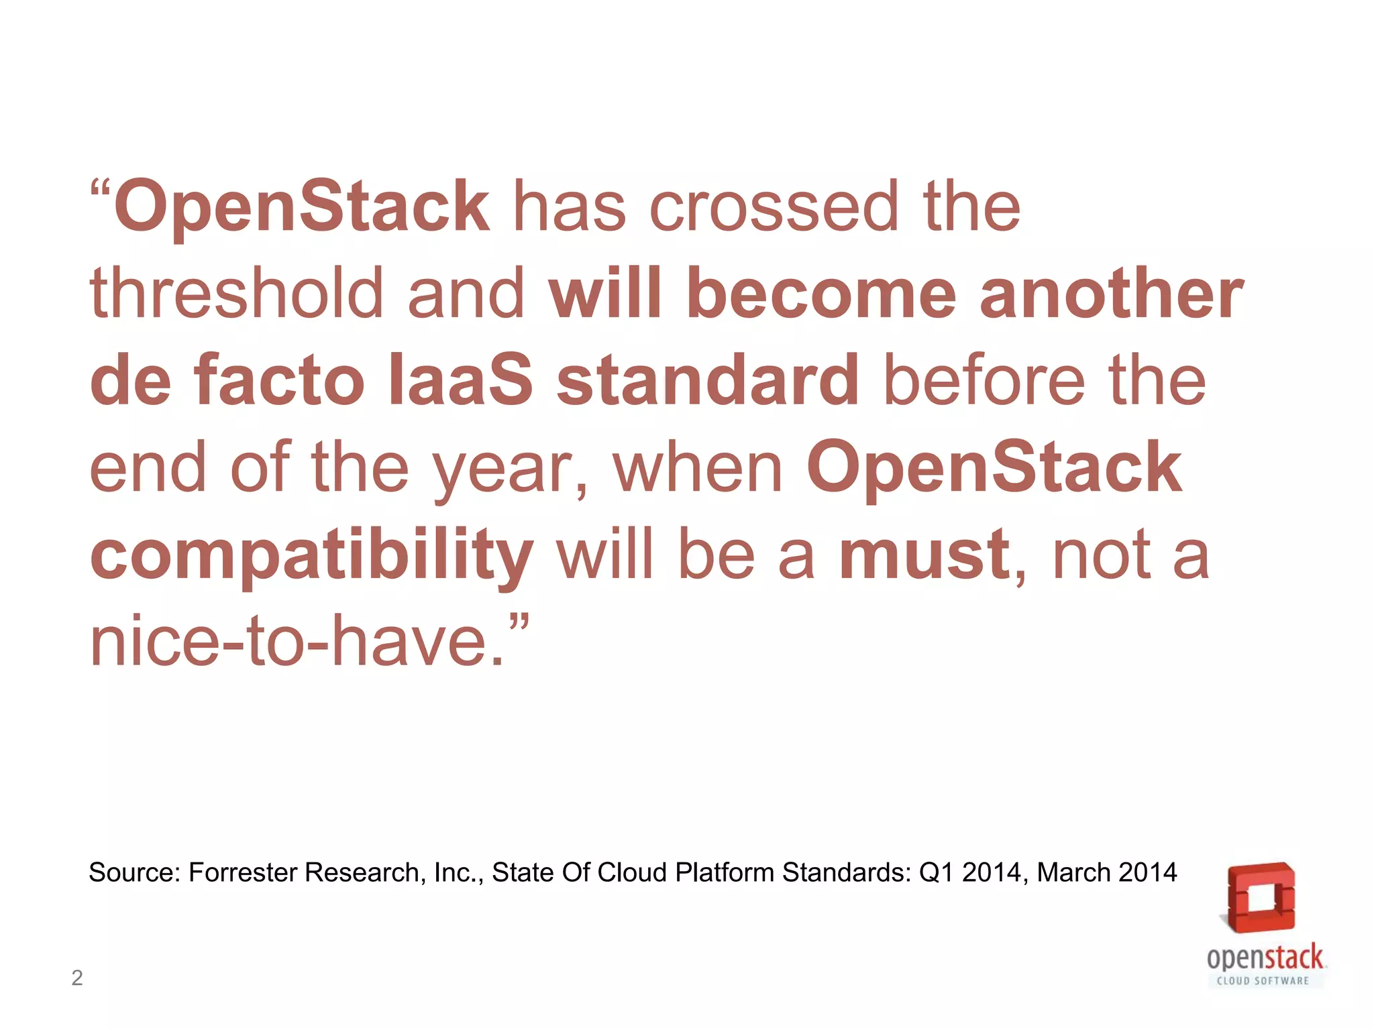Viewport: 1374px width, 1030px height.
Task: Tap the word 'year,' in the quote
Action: click(x=510, y=469)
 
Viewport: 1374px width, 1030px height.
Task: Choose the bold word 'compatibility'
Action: click(x=312, y=557)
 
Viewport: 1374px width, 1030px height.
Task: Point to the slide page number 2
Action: click(x=77, y=978)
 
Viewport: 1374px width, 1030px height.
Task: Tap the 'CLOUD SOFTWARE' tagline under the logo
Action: click(x=1263, y=981)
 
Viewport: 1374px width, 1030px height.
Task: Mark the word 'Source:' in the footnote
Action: click(x=135, y=872)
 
